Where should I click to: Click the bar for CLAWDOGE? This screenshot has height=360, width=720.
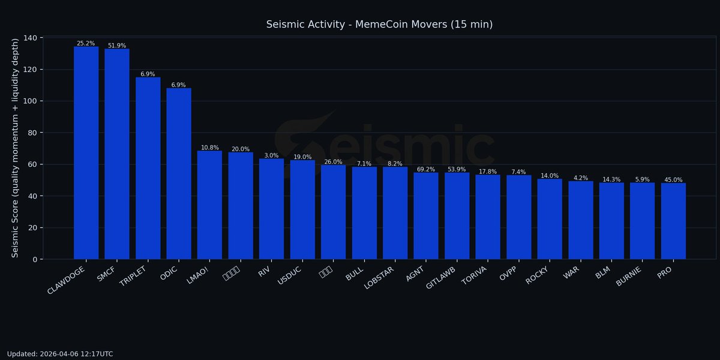click(x=86, y=153)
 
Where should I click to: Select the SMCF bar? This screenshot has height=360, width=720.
click(x=117, y=154)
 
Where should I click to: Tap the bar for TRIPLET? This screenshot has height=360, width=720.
click(x=148, y=168)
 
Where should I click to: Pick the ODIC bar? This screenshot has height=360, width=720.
click(x=179, y=174)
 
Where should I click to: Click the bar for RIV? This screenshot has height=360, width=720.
click(x=271, y=209)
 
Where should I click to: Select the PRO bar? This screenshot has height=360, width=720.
click(x=673, y=221)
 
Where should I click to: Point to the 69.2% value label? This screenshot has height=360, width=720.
click(x=426, y=170)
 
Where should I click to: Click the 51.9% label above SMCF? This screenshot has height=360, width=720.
click(x=117, y=46)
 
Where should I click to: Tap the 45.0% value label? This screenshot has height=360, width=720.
click(x=673, y=180)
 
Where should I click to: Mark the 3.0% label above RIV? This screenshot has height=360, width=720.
click(x=271, y=155)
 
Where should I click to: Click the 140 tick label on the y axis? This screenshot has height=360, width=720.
click(x=30, y=38)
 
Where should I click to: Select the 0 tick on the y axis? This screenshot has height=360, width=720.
click(x=34, y=259)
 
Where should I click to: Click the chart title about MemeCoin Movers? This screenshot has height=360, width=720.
click(x=379, y=25)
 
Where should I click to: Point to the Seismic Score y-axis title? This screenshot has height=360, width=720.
click(x=16, y=148)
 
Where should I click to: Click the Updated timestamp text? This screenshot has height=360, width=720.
click(x=60, y=354)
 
